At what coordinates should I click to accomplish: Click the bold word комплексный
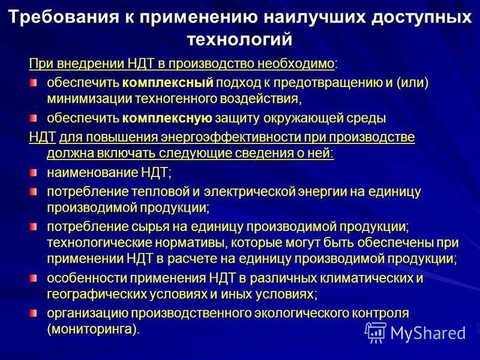(x=168, y=82)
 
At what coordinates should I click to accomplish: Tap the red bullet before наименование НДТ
(x=34, y=173)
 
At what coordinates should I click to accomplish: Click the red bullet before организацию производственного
(x=34, y=313)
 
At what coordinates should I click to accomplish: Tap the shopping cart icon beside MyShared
(x=376, y=332)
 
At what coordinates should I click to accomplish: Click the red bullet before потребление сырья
(x=34, y=227)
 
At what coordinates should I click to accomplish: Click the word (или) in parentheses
(x=412, y=82)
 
